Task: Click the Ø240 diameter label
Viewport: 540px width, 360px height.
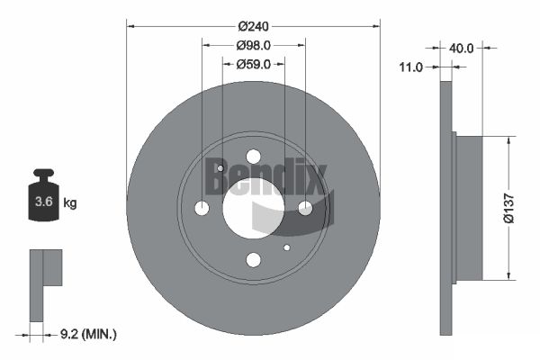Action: coord(253,26)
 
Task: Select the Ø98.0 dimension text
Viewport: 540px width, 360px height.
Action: coord(253,45)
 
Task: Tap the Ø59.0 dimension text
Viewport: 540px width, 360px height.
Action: coord(253,63)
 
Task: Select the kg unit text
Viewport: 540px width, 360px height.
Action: coord(70,203)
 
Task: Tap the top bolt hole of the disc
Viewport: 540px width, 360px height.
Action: coord(253,157)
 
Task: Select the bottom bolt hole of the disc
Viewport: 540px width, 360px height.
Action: coord(253,260)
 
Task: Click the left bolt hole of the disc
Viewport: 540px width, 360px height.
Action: coord(202,209)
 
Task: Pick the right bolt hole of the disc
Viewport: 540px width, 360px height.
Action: coord(305,208)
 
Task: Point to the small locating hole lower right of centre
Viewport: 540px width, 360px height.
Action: coord(286,247)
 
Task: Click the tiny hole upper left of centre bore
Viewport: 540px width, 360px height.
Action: coord(220,168)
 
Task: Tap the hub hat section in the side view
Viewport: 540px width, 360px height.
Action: coord(469,207)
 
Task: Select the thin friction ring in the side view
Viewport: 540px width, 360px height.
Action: coord(445,207)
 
